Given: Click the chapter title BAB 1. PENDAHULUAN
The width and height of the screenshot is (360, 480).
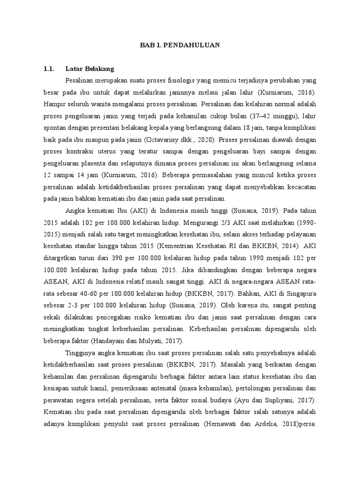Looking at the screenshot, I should coord(180,45).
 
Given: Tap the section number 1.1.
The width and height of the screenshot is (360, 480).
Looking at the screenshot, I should coord(49,69).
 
